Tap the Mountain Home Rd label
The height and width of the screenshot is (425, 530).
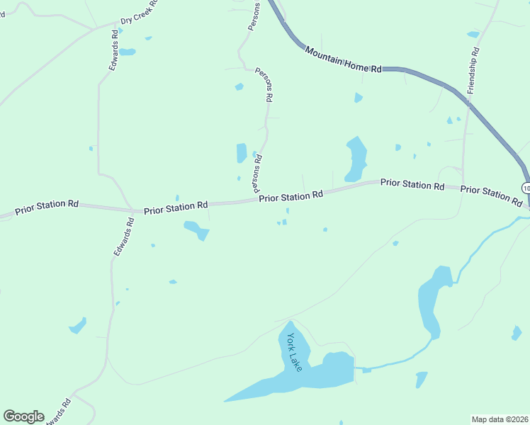tap(344, 59)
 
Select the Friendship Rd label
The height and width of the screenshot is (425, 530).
tap(473, 71)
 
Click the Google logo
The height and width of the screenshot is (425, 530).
tap(23, 416)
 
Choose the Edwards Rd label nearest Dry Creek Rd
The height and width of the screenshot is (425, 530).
tap(113, 49)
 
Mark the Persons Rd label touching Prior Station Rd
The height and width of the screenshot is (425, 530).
tap(257, 174)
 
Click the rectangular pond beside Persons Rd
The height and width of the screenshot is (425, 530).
tap(242, 153)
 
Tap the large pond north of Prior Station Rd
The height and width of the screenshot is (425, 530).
tap(356, 159)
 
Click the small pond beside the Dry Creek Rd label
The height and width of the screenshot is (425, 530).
tap(128, 52)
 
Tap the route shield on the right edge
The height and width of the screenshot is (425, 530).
tap(526, 188)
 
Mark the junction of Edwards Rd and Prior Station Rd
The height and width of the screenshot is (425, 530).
tap(134, 210)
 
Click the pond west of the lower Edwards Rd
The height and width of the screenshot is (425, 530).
tap(78, 326)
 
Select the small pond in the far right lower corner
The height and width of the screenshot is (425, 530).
tap(517, 332)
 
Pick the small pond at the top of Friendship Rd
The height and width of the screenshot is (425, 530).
tap(473, 34)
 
